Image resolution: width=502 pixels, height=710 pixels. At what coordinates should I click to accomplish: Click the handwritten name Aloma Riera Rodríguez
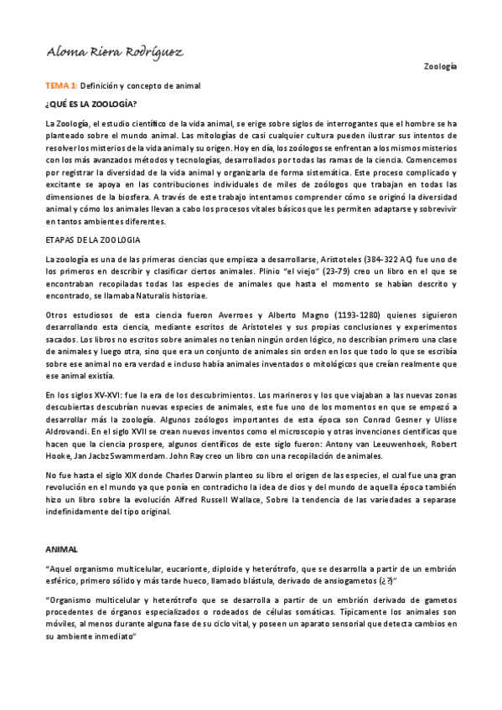click(x=116, y=54)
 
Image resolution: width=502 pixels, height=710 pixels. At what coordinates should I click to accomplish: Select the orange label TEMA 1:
click(x=61, y=85)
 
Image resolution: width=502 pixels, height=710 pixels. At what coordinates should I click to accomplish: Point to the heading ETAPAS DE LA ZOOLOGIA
click(x=93, y=239)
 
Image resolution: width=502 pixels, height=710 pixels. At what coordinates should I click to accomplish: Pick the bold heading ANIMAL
click(x=61, y=549)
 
